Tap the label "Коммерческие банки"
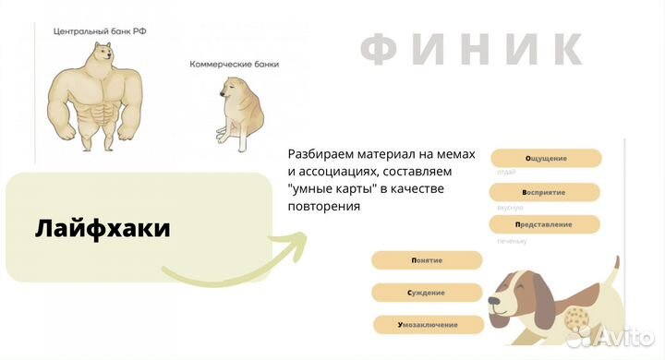(x=234, y=65)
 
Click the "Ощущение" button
(x=545, y=158)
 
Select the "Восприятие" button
(x=545, y=192)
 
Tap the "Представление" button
(x=545, y=224)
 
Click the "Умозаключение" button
(x=429, y=325)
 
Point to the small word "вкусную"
(x=510, y=208)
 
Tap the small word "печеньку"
(x=512, y=241)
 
